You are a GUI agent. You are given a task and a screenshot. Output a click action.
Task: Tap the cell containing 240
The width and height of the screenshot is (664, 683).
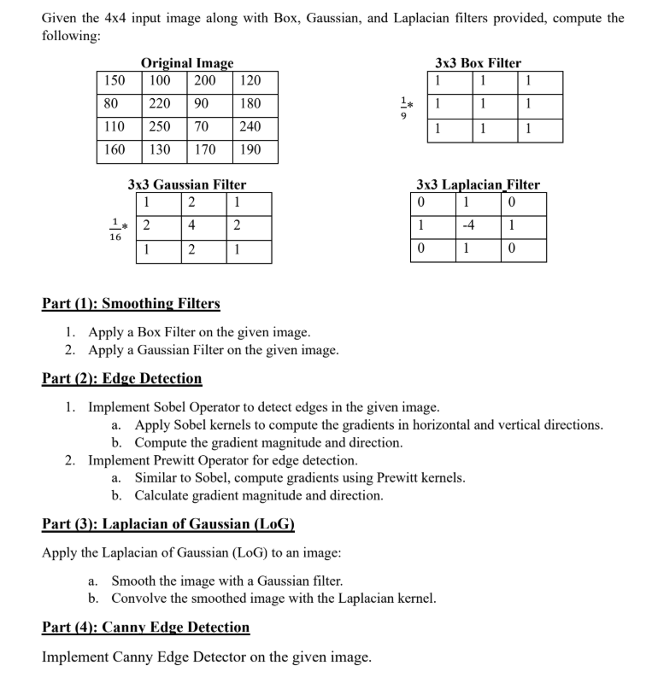pyautogui.click(x=250, y=126)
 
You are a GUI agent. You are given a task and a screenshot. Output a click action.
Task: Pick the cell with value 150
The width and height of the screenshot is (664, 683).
pyautogui.click(x=115, y=81)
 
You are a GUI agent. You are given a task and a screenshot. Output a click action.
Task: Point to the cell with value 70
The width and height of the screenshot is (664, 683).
pyautogui.click(x=203, y=126)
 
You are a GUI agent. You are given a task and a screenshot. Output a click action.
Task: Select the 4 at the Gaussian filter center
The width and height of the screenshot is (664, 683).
pyautogui.click(x=191, y=226)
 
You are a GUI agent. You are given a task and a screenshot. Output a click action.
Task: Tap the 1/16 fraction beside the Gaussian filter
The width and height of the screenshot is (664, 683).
pyautogui.click(x=115, y=230)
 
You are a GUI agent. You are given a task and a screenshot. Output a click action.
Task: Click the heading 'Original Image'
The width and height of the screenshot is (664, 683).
pyautogui.click(x=186, y=63)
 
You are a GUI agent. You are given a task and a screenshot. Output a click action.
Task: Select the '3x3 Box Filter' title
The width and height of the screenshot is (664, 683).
pyautogui.click(x=478, y=63)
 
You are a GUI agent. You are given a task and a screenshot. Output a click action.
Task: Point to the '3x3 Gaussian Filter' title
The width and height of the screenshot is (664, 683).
pyautogui.click(x=186, y=184)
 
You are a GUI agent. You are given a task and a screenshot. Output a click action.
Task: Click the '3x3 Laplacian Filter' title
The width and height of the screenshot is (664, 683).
pyautogui.click(x=478, y=184)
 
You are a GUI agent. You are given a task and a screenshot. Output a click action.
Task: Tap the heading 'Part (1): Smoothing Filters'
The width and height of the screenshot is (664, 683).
pyautogui.click(x=131, y=303)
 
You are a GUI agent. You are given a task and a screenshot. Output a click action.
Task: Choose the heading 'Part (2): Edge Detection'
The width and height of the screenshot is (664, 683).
pyautogui.click(x=122, y=378)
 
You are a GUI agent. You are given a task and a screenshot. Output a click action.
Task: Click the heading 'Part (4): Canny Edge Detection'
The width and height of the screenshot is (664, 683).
pyautogui.click(x=146, y=628)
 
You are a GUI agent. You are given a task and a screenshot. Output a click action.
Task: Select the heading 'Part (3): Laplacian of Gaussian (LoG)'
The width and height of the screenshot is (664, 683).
pyautogui.click(x=168, y=523)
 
